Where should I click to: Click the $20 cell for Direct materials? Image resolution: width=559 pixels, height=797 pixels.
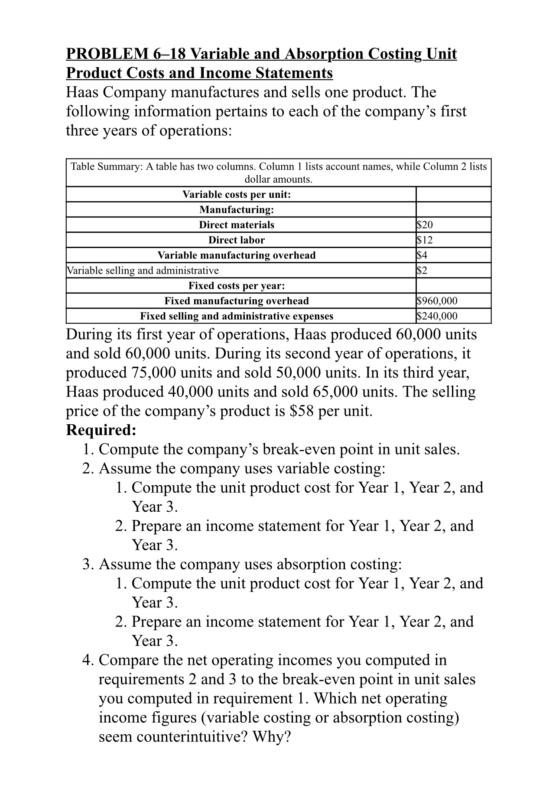point(424,225)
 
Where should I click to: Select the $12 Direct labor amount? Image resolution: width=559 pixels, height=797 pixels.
point(424,240)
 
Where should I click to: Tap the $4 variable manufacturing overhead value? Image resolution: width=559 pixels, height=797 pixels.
point(422,255)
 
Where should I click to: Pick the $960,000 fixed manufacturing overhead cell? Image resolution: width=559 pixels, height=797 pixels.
point(436,301)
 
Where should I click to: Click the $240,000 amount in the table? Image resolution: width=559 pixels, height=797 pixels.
point(436,316)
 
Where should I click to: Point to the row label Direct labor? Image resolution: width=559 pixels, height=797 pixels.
point(236,240)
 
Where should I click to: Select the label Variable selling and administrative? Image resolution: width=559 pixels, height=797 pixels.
point(143,271)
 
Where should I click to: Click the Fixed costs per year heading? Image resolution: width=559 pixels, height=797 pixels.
point(236,286)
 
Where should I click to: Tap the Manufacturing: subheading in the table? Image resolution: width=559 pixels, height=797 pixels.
point(236,210)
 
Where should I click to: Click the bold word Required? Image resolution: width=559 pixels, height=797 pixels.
point(101,430)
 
